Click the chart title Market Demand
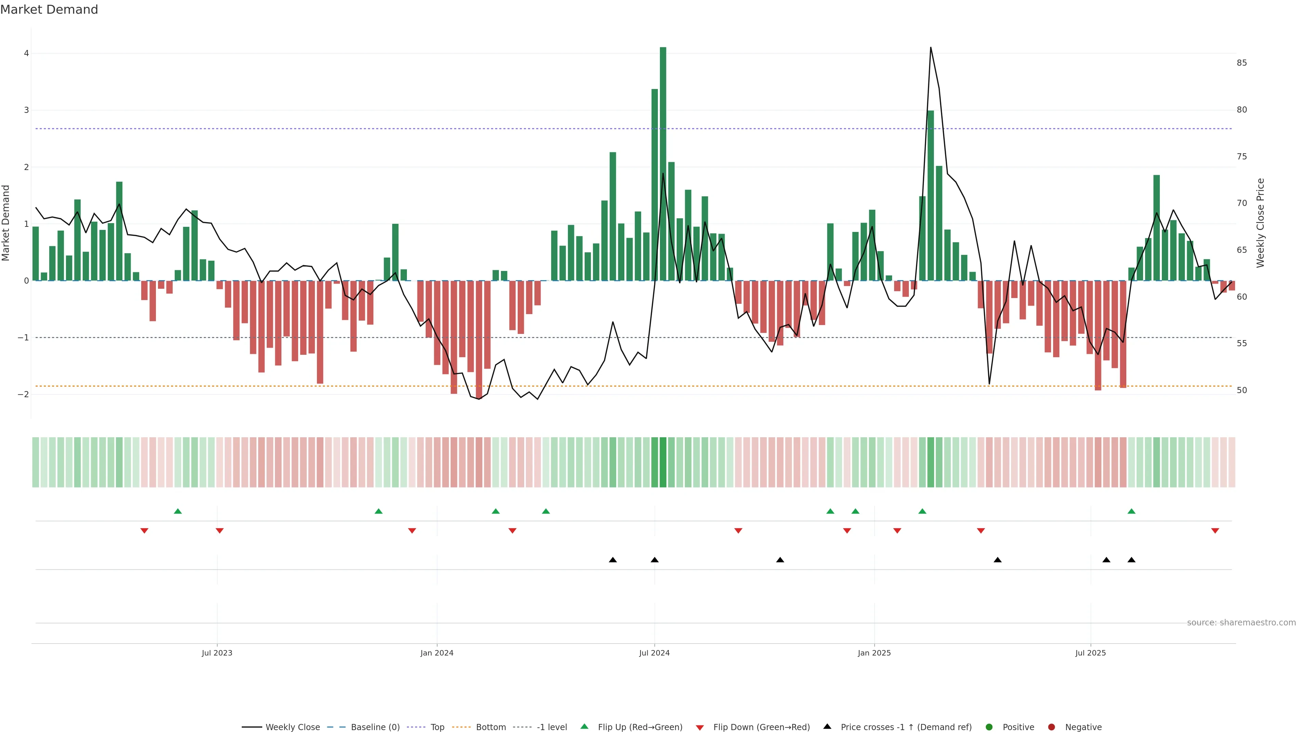click(x=49, y=10)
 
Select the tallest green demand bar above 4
click(x=663, y=163)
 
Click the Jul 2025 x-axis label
click(x=1090, y=653)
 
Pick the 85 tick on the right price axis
click(x=1242, y=63)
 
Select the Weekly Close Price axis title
click(x=1260, y=223)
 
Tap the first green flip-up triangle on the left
click(x=178, y=511)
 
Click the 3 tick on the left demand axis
click(x=26, y=110)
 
